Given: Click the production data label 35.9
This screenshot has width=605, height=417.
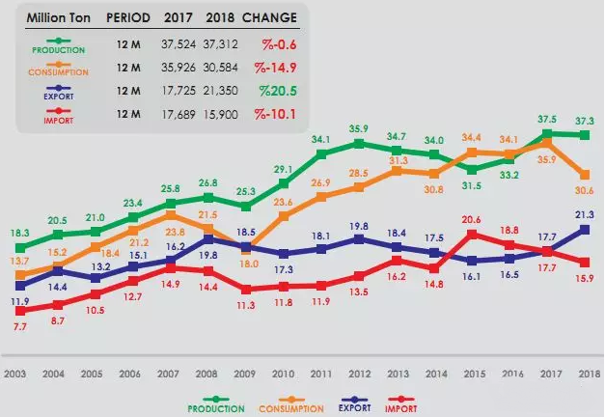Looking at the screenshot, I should (359, 128).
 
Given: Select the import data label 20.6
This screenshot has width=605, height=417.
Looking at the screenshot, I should (472, 221).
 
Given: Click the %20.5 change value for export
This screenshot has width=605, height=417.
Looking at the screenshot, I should (275, 91).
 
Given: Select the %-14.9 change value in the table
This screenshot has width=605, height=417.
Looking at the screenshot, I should (275, 68).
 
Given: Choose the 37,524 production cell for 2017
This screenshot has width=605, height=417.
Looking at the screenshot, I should (180, 45).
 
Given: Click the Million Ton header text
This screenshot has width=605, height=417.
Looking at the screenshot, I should (57, 17).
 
